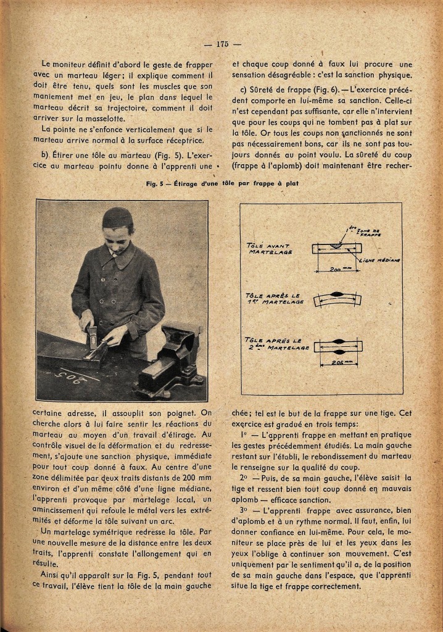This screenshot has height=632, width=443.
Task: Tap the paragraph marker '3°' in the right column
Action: [x=243, y=511]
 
